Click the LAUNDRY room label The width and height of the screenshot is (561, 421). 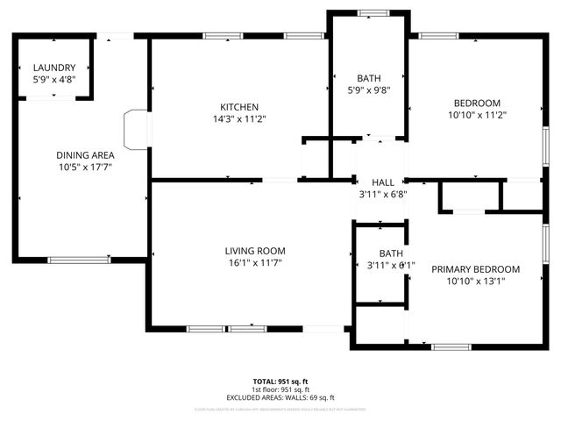[x=54, y=68]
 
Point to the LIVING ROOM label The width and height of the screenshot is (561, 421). [x=255, y=251]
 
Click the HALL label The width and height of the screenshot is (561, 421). [x=382, y=182]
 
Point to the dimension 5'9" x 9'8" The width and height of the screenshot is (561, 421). [x=368, y=89]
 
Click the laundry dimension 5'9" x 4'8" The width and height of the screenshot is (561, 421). [x=54, y=79]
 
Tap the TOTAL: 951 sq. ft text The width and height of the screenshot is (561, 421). [x=280, y=382]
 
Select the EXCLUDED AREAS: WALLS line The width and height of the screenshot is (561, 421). [x=280, y=397]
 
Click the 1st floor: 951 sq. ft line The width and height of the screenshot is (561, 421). [x=280, y=389]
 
